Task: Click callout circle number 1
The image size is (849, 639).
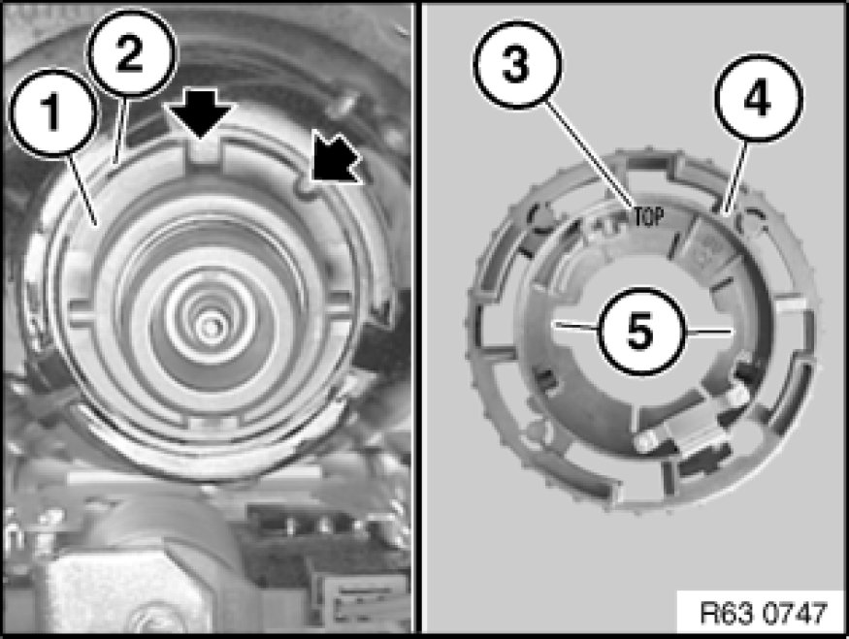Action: [52, 112]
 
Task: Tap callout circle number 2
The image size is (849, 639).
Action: [132, 52]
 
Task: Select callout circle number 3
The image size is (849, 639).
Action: [517, 64]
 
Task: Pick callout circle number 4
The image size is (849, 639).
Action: [758, 98]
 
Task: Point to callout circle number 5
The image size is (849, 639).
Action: [641, 331]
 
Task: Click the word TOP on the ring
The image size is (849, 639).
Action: [648, 217]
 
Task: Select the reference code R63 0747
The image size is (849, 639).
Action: [764, 613]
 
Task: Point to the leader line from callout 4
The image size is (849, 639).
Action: [735, 176]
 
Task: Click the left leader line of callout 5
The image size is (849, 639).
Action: [575, 327]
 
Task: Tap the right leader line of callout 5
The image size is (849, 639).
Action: [708, 330]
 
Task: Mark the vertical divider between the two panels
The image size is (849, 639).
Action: [418, 318]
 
